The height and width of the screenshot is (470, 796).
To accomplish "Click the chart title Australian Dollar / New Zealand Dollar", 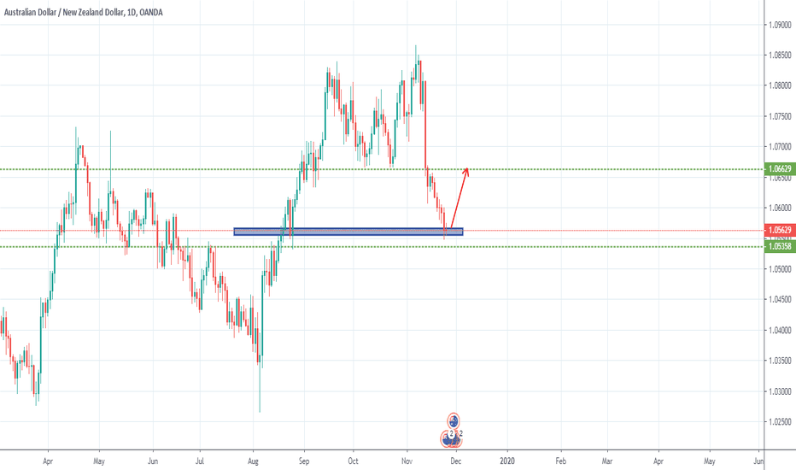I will (77, 11).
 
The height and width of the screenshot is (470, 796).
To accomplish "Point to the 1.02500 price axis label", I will (778, 422).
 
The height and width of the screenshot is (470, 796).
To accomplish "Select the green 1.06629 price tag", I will (778, 169).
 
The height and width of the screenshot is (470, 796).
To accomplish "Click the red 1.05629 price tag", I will (778, 231).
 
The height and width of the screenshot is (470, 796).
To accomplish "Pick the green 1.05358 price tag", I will (778, 247).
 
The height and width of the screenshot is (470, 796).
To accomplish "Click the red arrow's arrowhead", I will (466, 170).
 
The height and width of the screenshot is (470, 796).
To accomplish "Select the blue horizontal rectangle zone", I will (348, 231).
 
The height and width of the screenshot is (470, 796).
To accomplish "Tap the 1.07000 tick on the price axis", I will (778, 147).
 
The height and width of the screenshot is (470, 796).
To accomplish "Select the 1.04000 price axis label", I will (778, 331).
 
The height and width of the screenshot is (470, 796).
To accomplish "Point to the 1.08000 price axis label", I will (778, 85).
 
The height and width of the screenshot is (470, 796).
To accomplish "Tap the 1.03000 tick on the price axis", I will (778, 391).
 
